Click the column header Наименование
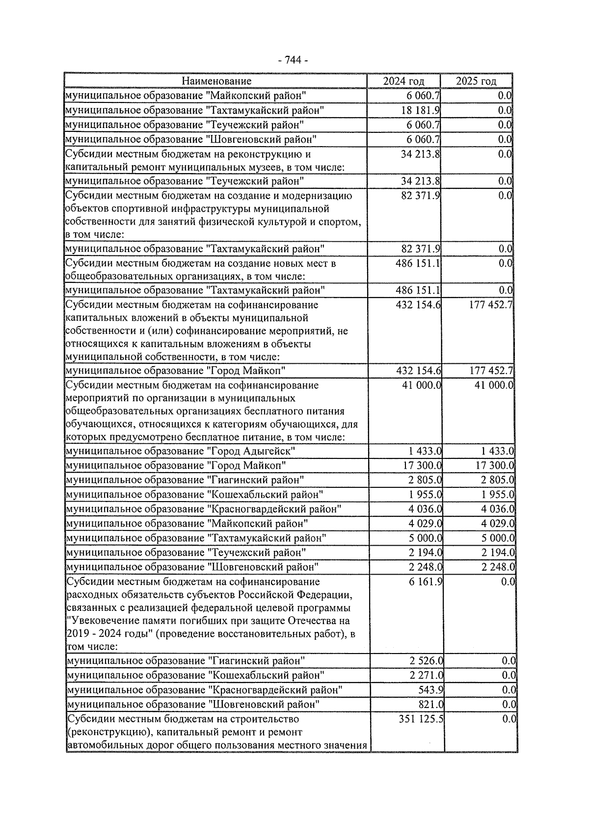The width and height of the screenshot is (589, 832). [x=216, y=81]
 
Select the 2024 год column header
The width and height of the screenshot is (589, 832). [x=403, y=81]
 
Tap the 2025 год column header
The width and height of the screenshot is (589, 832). [x=476, y=81]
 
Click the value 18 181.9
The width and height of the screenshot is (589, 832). [x=420, y=110]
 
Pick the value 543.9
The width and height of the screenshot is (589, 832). [x=430, y=690]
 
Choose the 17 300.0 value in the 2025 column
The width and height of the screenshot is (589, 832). [x=494, y=465]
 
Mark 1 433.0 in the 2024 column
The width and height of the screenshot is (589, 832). [x=425, y=451]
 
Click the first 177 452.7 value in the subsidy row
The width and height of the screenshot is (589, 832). [x=491, y=305]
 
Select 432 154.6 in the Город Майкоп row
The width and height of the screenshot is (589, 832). [x=418, y=371]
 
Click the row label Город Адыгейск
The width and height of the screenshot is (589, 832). [x=253, y=451]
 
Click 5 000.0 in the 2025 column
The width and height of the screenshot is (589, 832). [x=498, y=538]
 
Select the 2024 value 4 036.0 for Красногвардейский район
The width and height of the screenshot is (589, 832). [x=425, y=509]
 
